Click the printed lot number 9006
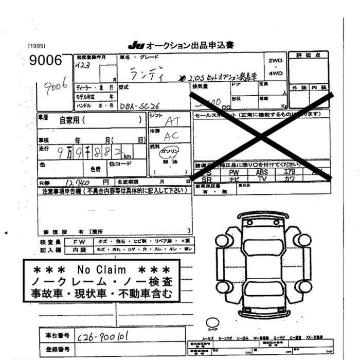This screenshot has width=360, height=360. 46,61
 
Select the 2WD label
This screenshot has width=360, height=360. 276,60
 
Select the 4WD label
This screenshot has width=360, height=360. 276,73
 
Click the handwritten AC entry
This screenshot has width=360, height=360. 171,136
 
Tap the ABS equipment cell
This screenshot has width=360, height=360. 262,172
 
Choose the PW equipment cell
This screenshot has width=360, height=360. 234,172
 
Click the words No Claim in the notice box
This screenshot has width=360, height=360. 101,269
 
